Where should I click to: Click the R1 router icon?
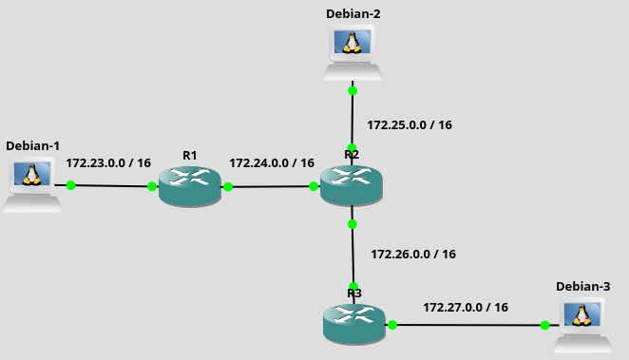pyautogui.click(x=190, y=186)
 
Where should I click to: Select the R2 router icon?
pyautogui.click(x=352, y=185)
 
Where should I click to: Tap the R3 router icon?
pyautogui.click(x=354, y=324)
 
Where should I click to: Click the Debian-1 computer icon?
pyautogui.click(x=32, y=184)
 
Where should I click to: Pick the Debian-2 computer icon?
pyautogui.click(x=353, y=52)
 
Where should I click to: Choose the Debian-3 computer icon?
pyautogui.click(x=582, y=325)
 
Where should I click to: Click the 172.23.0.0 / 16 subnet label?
pyautogui.click(x=108, y=163)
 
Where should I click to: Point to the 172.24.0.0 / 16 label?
pyautogui.click(x=272, y=163)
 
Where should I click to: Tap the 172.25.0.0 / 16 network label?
pyautogui.click(x=410, y=125)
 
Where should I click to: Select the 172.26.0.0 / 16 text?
pyautogui.click(x=413, y=255)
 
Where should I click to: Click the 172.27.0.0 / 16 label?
pyautogui.click(x=466, y=308)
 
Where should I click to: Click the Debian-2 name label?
pyautogui.click(x=353, y=14)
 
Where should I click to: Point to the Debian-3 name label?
pyautogui.click(x=582, y=287)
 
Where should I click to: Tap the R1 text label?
pyautogui.click(x=190, y=156)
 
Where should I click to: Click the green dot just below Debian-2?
pyautogui.click(x=353, y=91)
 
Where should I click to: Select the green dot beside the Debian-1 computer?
pyautogui.click(x=70, y=185)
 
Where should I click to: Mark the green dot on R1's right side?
pyautogui.click(x=228, y=187)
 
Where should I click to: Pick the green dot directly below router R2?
pyautogui.click(x=353, y=224)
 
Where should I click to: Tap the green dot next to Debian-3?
pyautogui.click(x=544, y=325)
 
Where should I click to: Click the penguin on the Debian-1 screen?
pyautogui.click(x=31, y=175)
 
